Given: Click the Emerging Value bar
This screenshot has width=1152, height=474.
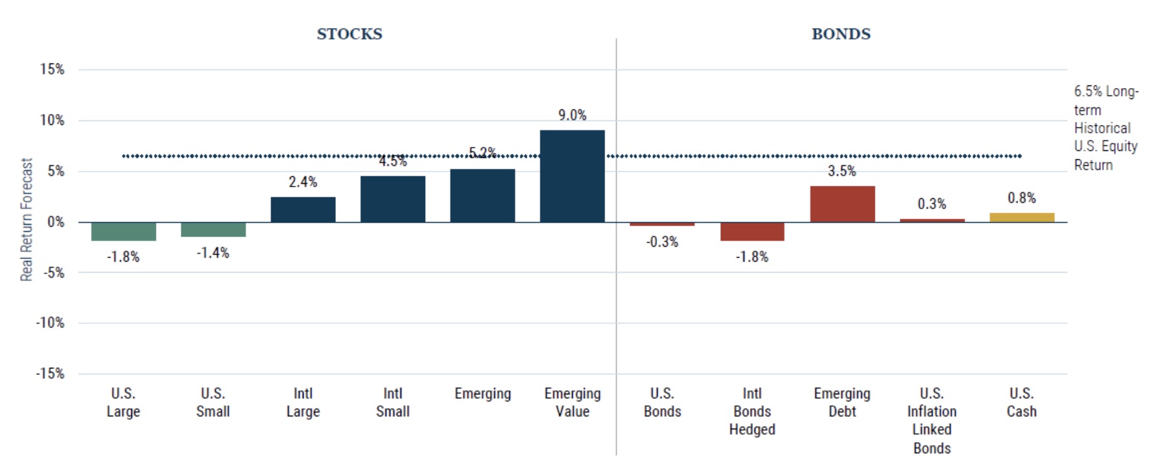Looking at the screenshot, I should point(572,176).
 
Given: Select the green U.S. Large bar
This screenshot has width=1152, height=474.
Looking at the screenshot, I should point(123,231).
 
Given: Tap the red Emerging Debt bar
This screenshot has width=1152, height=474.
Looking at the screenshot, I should point(842,204).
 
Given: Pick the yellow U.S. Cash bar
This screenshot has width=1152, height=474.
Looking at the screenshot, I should point(1021,218).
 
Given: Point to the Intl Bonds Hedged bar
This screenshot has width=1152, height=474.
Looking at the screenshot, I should point(752,231).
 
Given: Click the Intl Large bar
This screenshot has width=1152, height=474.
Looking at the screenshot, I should point(303,209).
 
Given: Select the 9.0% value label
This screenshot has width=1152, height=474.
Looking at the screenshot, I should point(572,115).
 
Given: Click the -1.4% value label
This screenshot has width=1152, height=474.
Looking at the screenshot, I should point(213,253).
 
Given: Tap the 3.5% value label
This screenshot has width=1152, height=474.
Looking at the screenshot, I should point(842,171).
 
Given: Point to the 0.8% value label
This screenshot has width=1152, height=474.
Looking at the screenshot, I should point(1021,198).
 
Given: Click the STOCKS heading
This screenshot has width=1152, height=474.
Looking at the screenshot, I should point(349,34).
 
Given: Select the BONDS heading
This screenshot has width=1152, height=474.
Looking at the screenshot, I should point(841,34).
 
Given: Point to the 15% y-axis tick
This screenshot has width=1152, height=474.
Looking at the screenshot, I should point(52,69).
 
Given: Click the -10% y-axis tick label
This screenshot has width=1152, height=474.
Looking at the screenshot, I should point(50,323).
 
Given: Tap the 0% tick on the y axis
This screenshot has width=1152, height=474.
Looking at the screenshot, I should point(56,222).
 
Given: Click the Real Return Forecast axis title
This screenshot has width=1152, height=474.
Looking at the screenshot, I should point(27,220).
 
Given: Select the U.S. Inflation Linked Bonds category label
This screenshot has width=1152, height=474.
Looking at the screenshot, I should point(932,420).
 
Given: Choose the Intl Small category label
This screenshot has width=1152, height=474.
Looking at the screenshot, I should point(393,402).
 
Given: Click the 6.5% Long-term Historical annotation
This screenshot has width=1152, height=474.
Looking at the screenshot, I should point(1105,128).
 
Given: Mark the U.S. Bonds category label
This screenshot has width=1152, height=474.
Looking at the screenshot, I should point(662,402).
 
